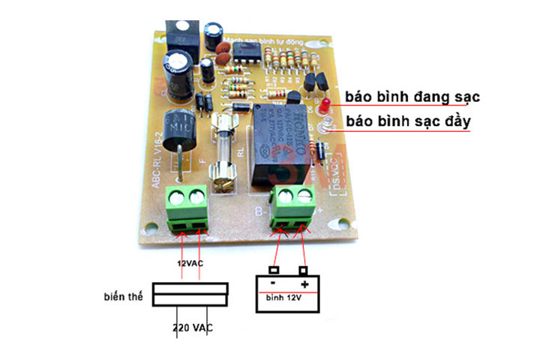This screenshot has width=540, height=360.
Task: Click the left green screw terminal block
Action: tap(190, 209)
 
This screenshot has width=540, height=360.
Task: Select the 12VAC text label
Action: tap(190, 264)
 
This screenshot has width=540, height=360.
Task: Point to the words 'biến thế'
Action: tap(123, 295)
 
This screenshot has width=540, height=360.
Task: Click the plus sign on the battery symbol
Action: tap(304, 285)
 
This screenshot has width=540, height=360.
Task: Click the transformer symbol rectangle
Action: tap(190, 294)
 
